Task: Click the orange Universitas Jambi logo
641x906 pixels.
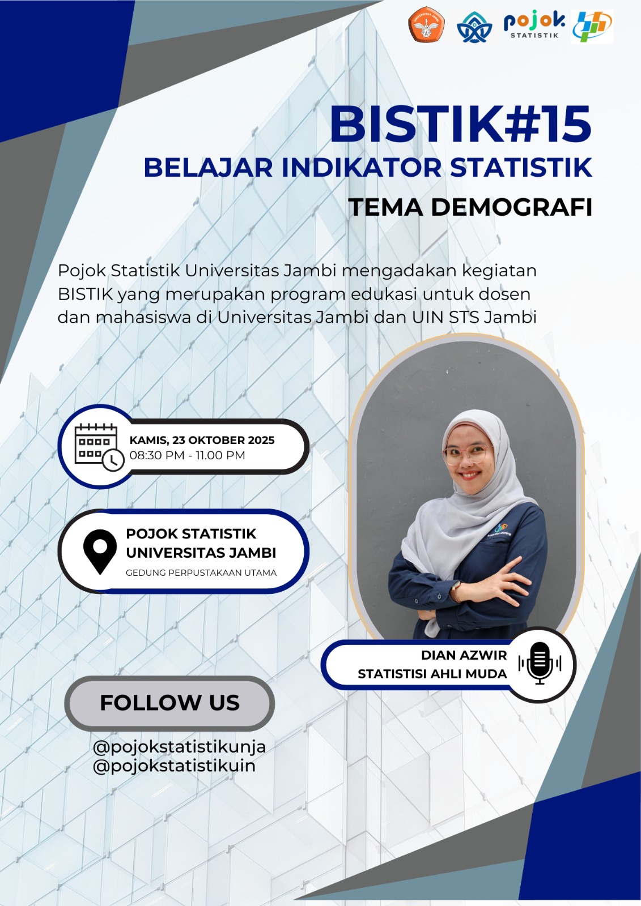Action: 426,24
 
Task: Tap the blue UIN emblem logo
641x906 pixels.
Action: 474,27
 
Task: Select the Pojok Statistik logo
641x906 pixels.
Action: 534,25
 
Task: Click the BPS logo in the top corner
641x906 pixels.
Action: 592,27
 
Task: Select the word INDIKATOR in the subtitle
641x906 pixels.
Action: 361,168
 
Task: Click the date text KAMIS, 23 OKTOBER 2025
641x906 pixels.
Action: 202,440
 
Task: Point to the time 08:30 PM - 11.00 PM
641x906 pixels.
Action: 188,455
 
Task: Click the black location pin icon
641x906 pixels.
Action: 100,552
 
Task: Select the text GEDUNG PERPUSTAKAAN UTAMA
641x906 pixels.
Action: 201,572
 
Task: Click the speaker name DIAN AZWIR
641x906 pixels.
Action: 464,655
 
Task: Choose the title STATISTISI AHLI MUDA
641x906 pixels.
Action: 432,674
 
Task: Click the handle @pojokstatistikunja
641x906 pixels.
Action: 180,747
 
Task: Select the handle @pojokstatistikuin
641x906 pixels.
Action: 174,766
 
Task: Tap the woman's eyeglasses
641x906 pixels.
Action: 468,455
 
